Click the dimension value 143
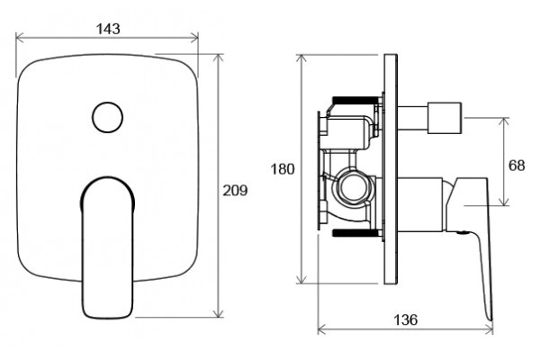(108, 29)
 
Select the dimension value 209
(235, 191)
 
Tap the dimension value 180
(283, 169)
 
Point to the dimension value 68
(517, 166)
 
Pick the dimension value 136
(405, 319)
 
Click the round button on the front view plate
(107, 117)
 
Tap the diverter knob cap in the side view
(445, 118)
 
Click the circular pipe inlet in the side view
(353, 188)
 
